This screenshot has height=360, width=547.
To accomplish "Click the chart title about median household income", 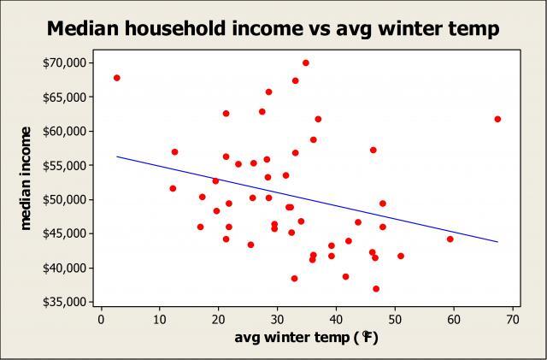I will [273, 29].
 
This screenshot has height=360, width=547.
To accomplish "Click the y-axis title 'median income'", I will [26, 177].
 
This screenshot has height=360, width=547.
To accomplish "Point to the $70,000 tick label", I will [63, 62].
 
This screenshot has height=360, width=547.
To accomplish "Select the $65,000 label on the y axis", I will [63, 97].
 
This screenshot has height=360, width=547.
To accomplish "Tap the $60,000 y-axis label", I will [63, 131].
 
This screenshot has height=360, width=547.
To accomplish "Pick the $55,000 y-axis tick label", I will [63, 165].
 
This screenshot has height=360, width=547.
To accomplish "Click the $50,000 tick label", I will [63, 199].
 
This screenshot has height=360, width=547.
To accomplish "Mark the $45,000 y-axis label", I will [63, 233].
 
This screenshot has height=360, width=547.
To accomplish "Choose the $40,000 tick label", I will [63, 268].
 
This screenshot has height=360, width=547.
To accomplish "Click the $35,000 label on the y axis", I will [63, 302].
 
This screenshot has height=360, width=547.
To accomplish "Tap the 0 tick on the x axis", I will [102, 320].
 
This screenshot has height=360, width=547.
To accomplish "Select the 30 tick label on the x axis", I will [277, 320].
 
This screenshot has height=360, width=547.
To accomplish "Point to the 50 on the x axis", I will [394, 320].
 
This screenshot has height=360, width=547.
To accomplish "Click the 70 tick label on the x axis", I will [511, 320].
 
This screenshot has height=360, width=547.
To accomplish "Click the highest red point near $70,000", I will [305, 62].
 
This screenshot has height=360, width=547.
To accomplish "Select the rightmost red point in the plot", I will [497, 119].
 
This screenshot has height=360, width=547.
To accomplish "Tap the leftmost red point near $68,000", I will [117, 78].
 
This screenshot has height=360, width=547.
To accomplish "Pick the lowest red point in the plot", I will [376, 288].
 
